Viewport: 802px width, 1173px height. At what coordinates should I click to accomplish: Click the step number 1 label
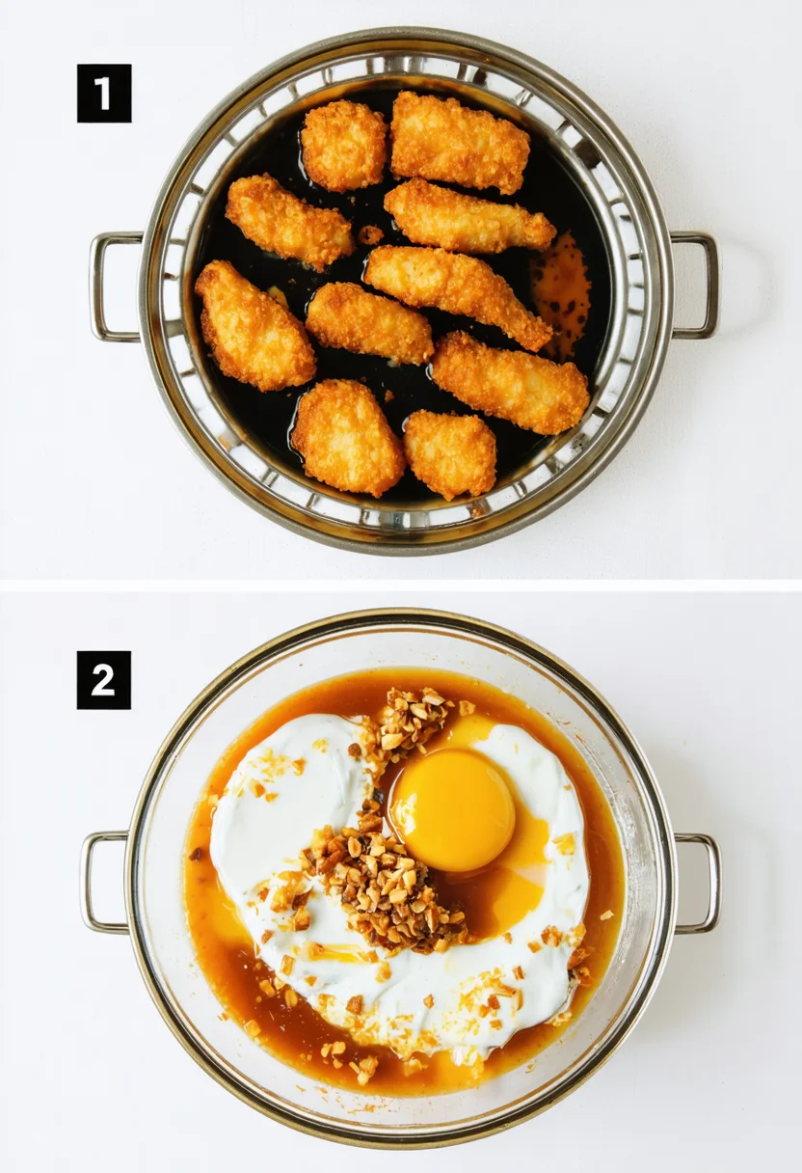(x=103, y=94)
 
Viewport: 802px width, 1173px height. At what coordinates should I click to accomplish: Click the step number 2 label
(x=103, y=680)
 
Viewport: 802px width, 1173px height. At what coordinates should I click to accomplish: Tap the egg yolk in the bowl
(x=453, y=810)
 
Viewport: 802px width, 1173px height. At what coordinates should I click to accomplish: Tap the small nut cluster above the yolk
(x=413, y=719)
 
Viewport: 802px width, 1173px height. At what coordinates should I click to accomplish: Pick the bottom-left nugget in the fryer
(x=347, y=436)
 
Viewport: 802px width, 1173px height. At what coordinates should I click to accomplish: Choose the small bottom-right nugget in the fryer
(x=449, y=452)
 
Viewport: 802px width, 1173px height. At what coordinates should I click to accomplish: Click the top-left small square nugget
(x=344, y=146)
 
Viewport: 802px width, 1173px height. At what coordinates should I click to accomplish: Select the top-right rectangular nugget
(x=460, y=141)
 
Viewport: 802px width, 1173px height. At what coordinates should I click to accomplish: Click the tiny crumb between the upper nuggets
(x=370, y=234)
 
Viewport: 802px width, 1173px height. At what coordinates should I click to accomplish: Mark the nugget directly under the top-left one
(x=289, y=221)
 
